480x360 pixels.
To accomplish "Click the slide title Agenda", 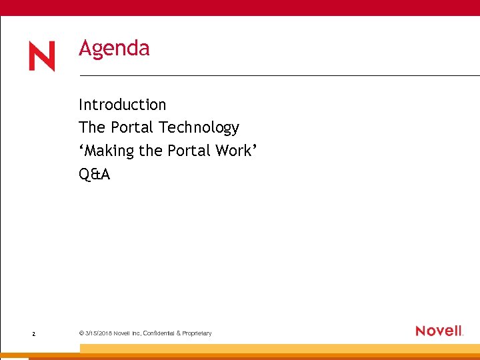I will tap(114, 49).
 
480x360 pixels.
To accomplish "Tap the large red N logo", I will tap(41, 57).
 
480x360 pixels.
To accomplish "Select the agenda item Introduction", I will tap(122, 105).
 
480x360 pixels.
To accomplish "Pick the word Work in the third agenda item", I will tap(233, 151).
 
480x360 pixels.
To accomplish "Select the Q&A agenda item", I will tap(94, 175).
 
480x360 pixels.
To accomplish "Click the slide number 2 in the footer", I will tap(33, 333).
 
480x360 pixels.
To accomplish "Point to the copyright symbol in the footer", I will tap(81, 333).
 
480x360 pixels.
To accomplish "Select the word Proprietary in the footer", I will tap(195, 333).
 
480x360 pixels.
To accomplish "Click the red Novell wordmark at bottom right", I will tap(438, 331).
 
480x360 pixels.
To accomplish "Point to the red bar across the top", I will tap(240, 7).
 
